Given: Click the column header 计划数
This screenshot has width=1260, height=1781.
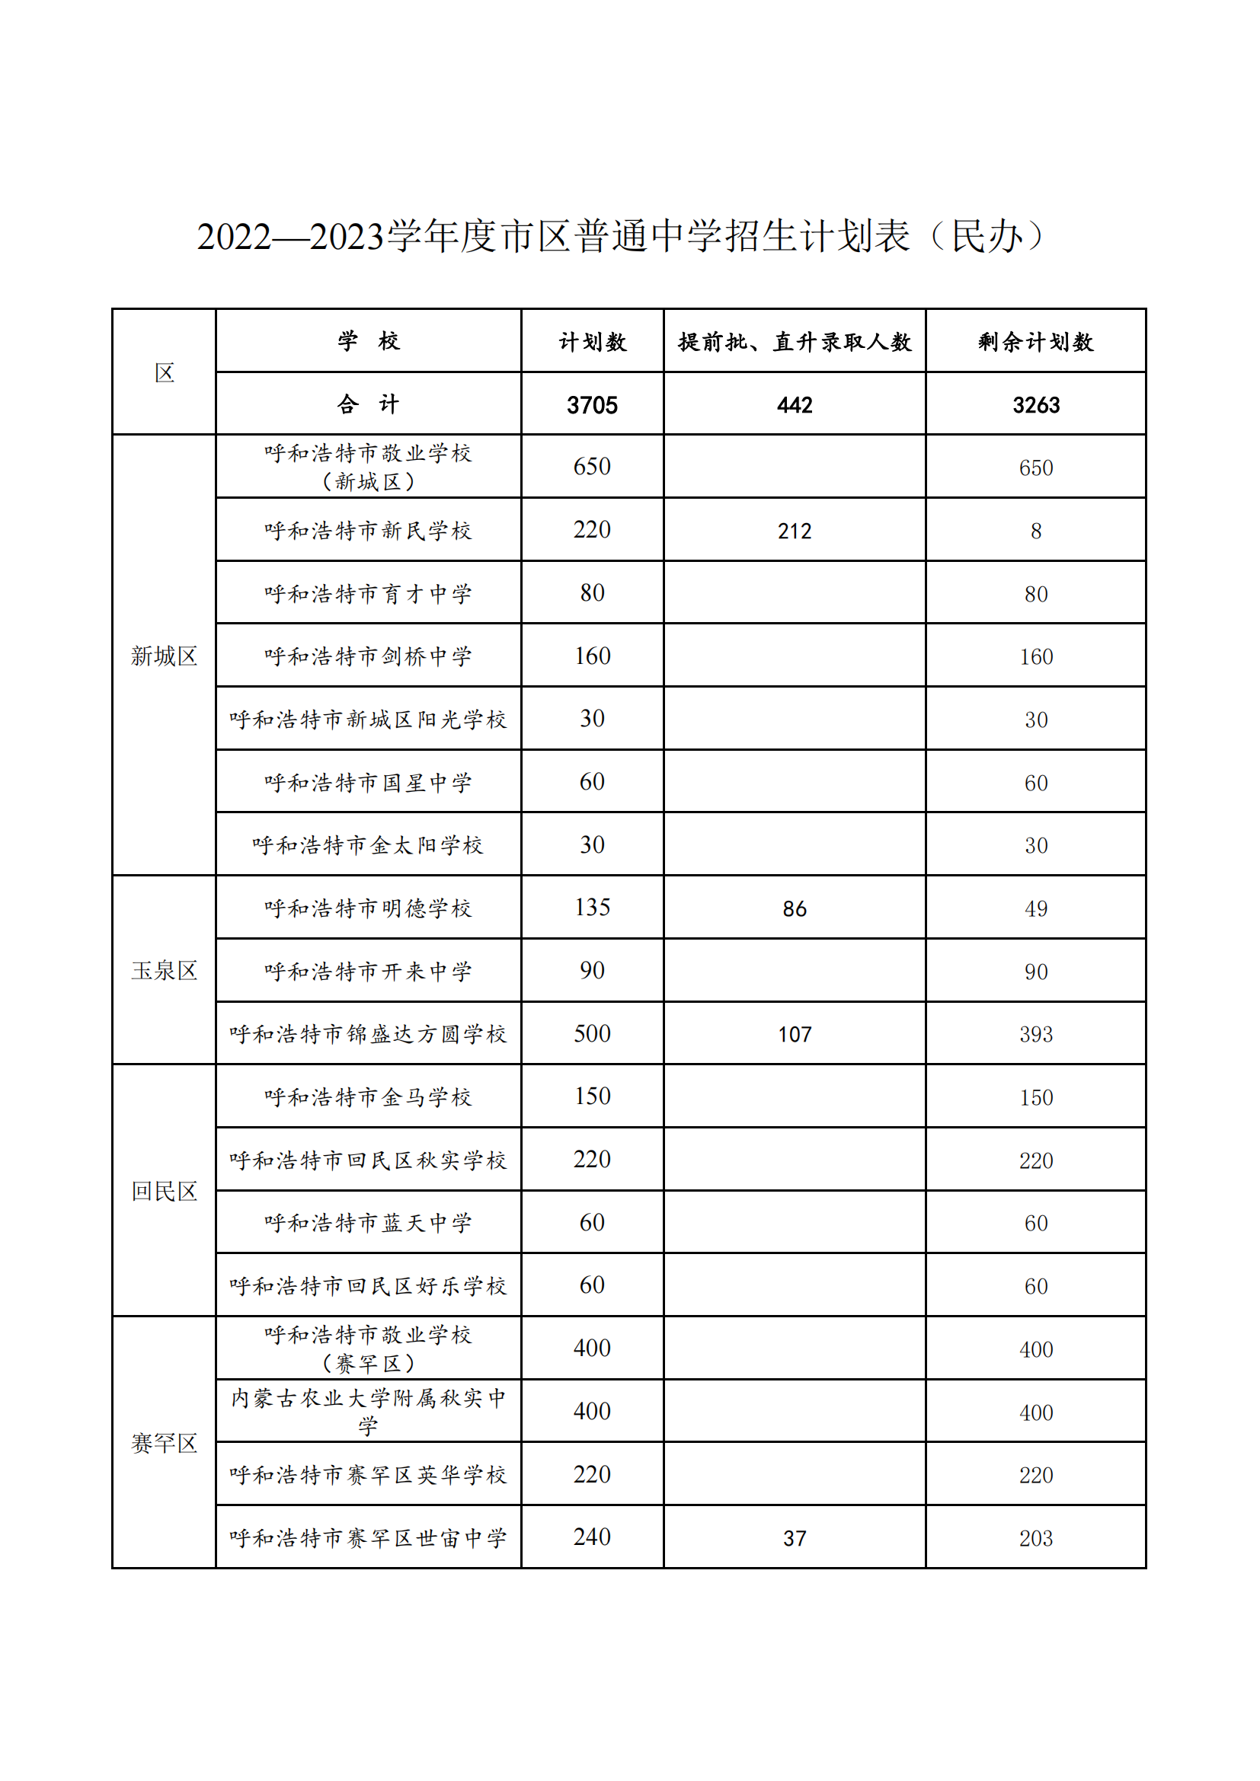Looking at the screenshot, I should pos(592,341).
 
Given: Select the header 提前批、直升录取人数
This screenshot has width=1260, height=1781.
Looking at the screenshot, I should pos(795,341).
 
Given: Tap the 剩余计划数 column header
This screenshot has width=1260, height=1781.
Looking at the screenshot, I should pos(1036,341).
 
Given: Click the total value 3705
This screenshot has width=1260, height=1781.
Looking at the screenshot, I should pos(592,405).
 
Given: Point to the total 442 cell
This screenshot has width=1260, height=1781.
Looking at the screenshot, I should pos(795,405).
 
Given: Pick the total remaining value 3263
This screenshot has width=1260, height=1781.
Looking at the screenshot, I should pos(1036,405).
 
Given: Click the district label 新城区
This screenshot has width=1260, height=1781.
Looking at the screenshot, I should pos(164,656).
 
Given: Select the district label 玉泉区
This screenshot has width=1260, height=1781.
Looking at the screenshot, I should pos(164,970).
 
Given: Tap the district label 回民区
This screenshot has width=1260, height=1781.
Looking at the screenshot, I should pos(164,1191).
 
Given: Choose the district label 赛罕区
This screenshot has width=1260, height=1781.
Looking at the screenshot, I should pos(164,1443).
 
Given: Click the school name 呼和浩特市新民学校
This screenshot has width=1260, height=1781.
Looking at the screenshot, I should pos(368,531).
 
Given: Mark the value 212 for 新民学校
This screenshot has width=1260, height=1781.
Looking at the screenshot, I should pos(795,531).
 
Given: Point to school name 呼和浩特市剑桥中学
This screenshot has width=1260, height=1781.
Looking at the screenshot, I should pos(368,656).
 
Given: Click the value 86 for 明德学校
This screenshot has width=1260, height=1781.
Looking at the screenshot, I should pos(795,908).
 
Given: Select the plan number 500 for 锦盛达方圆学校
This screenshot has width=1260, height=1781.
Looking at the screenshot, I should pos(592,1033).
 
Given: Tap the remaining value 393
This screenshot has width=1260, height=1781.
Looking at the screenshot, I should pos(1036,1034).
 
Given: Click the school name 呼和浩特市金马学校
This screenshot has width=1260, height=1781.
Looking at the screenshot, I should pos(368,1096).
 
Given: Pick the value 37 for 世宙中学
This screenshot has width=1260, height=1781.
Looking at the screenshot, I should pos(795,1538).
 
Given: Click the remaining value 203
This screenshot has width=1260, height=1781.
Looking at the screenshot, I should pos(1036,1538).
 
